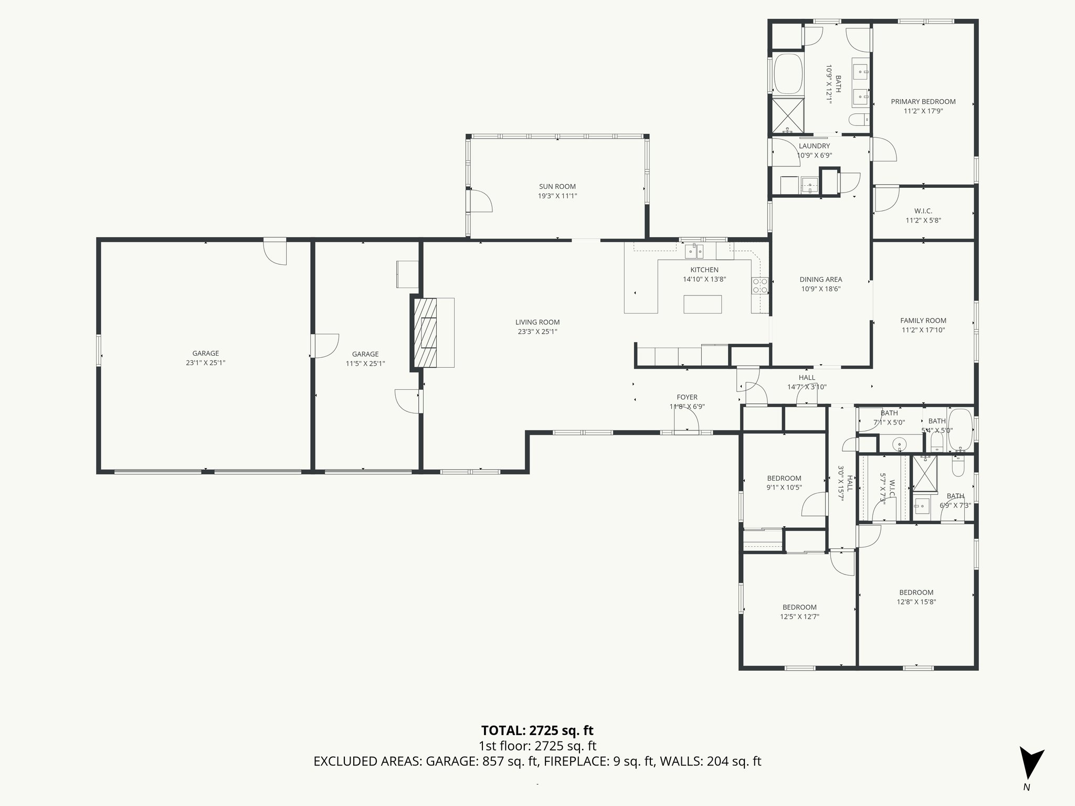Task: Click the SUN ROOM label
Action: point(557,186)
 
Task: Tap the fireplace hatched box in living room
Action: point(425,333)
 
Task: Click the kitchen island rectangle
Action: point(702,304)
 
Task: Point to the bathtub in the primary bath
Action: point(789,72)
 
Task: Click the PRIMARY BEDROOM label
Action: point(923,102)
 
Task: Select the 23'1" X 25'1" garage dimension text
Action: point(205,363)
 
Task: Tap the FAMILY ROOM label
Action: point(923,321)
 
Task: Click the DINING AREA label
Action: point(820,280)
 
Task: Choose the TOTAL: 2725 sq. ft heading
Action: point(537,730)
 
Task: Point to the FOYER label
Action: point(687,397)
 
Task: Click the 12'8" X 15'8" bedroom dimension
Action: point(916,602)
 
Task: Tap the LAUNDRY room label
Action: point(814,146)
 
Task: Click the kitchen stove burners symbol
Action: point(760,286)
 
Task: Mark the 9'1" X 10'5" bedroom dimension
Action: point(784,487)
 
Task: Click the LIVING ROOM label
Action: point(537,322)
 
